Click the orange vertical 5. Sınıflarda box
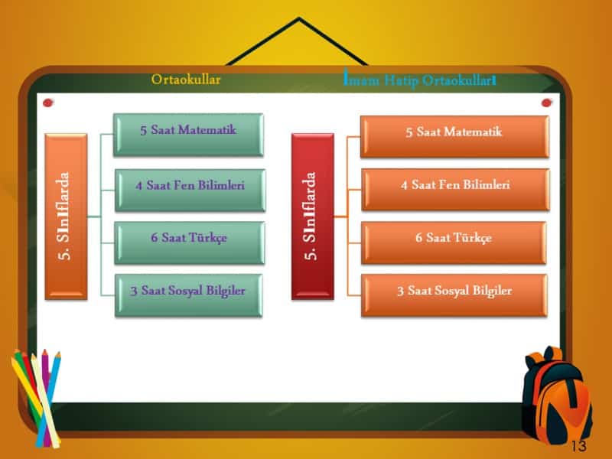point(66,216)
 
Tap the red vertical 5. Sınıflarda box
point(312,216)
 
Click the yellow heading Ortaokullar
point(186,79)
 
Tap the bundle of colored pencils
point(36,394)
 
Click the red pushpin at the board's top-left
point(48,103)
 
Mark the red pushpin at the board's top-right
point(547,103)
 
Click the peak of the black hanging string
point(298,21)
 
